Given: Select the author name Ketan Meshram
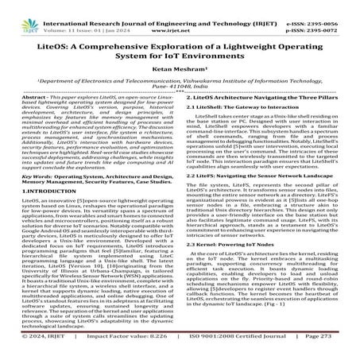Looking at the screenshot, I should tap(180, 70).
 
